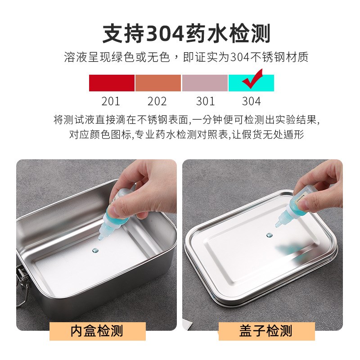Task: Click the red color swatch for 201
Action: pyautogui.click(x=112, y=83)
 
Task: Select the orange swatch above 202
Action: pyautogui.click(x=158, y=83)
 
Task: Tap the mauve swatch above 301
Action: pyautogui.click(x=205, y=83)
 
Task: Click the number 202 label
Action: pyautogui.click(x=157, y=101)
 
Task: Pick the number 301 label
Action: pyautogui.click(x=205, y=101)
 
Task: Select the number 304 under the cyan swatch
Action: pyautogui.click(x=251, y=101)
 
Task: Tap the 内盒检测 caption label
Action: pyautogui.click(x=97, y=332)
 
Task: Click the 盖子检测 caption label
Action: pyautogui.click(x=266, y=332)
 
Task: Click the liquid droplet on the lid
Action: pyautogui.click(x=269, y=235)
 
